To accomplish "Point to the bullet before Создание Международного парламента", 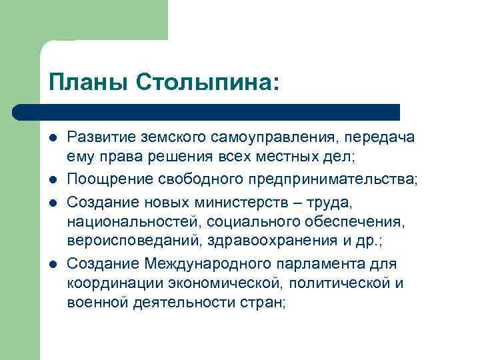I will tap(52, 247).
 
